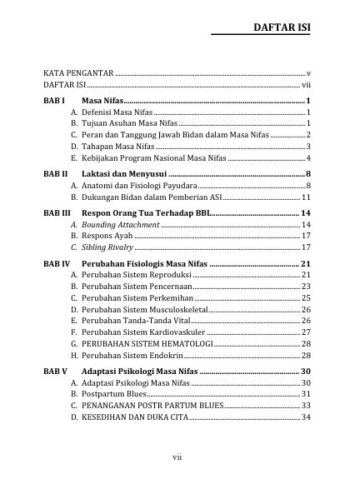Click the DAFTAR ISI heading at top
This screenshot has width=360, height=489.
click(282, 28)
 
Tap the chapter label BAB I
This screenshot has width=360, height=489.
click(54, 101)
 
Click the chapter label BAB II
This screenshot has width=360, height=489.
click(56, 173)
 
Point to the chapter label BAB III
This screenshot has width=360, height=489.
click(57, 214)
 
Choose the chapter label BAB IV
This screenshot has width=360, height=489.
click(57, 263)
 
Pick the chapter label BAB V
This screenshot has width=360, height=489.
click(55, 371)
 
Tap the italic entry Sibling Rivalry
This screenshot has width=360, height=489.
click(107, 247)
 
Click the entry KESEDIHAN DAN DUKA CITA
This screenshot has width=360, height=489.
click(135, 417)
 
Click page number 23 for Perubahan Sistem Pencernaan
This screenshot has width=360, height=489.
click(306, 287)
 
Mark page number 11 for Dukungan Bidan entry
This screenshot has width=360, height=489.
click(306, 197)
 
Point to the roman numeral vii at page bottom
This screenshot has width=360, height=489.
click(177, 457)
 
